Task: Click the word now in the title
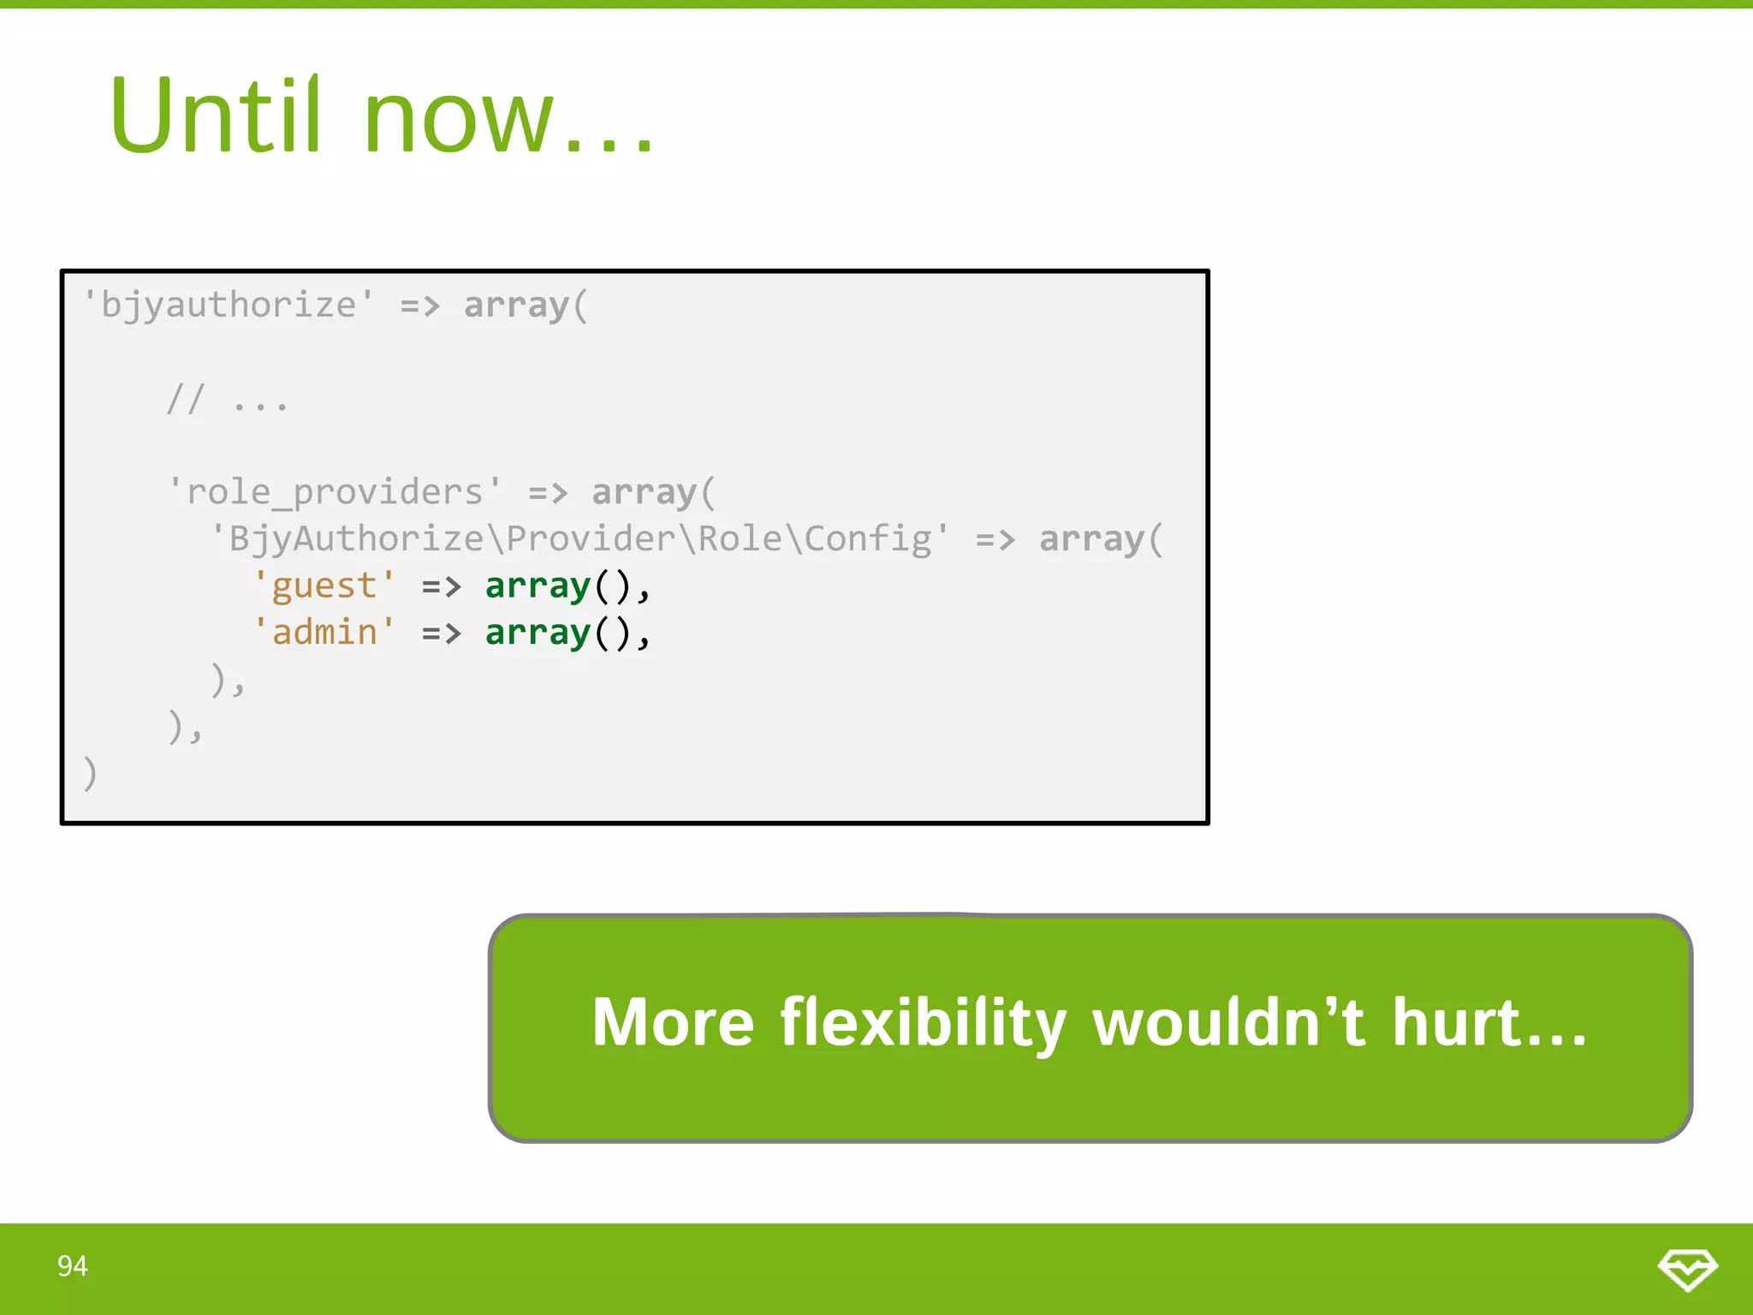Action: (459, 120)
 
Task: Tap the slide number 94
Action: (72, 1266)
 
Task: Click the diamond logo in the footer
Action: (1687, 1269)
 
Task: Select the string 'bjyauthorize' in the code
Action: (228, 306)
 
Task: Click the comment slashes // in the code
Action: (186, 399)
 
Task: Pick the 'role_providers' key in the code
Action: (335, 492)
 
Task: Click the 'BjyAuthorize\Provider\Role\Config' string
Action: (579, 539)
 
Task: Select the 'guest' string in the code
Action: (324, 586)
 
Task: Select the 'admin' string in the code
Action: (324, 633)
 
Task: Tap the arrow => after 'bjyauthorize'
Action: (419, 306)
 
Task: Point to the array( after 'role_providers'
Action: (653, 492)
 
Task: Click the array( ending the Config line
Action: (1101, 539)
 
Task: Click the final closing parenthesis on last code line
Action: (90, 773)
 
